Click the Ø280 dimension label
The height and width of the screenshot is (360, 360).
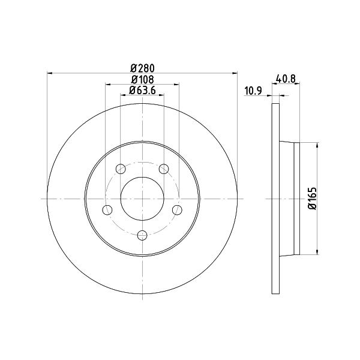click(x=142, y=68)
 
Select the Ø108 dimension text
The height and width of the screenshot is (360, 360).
click(x=142, y=80)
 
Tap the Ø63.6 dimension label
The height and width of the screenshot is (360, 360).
click(x=142, y=90)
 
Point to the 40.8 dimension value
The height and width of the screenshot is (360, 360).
click(x=286, y=79)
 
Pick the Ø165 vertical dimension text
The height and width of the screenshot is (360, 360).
click(x=313, y=199)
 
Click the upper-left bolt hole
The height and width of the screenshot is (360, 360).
click(x=121, y=169)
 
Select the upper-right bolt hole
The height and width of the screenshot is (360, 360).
click(x=164, y=169)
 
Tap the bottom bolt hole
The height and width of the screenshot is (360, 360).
click(x=142, y=235)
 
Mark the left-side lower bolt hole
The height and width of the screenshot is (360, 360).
click(x=107, y=210)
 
